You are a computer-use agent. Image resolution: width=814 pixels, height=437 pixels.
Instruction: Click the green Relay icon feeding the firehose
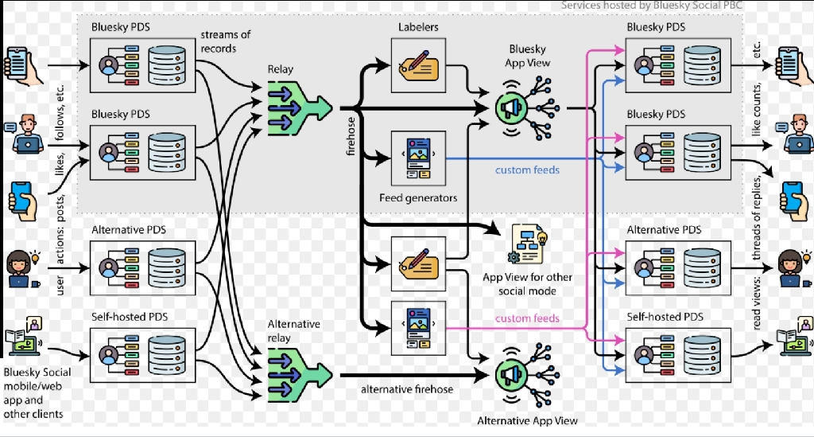click(300, 108)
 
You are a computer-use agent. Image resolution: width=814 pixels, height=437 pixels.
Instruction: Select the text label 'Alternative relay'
click(294, 330)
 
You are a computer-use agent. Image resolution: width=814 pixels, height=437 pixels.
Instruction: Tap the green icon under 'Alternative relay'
click(300, 375)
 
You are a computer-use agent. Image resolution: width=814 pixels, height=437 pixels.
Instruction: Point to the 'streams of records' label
click(225, 41)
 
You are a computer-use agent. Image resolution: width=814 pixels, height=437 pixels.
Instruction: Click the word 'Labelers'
click(418, 27)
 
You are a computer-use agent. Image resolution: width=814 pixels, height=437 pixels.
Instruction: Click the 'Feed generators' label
click(418, 198)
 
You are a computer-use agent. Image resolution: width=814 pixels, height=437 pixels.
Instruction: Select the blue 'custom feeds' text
click(528, 170)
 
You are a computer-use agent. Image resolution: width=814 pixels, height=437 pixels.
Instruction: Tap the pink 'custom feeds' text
click(528, 318)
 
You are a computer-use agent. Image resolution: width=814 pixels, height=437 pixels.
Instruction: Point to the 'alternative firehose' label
click(407, 389)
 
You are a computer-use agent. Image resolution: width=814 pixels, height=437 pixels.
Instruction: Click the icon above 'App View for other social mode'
click(528, 244)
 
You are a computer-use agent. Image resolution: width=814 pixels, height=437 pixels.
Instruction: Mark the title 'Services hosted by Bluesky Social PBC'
click(652, 6)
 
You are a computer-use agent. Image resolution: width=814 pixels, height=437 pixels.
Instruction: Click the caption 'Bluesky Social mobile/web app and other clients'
click(37, 393)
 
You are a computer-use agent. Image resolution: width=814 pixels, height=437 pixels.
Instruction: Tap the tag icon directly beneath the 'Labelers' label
click(418, 65)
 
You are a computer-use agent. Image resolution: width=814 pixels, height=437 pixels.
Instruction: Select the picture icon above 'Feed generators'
click(418, 158)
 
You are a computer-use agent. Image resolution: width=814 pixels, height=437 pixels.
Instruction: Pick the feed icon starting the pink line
click(418, 329)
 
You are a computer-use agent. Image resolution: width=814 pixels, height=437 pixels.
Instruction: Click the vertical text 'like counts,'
click(756, 110)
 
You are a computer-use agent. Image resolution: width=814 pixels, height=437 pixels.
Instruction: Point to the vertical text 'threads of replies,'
click(756, 217)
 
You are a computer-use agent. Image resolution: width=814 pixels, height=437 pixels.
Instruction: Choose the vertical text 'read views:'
click(756, 303)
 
